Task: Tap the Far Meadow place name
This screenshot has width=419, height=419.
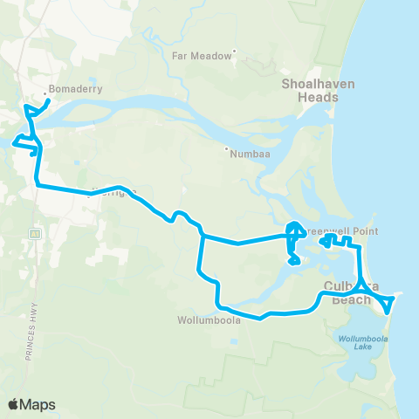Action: coord(202,54)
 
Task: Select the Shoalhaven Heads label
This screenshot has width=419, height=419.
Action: coord(310,90)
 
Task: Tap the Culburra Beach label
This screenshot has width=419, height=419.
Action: coord(353,292)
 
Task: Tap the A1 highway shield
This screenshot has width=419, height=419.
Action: coord(36,234)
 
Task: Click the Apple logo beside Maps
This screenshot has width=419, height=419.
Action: coord(14,404)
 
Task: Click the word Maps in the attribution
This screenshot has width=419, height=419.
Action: coord(38,404)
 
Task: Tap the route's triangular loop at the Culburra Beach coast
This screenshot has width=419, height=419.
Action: coord(388,302)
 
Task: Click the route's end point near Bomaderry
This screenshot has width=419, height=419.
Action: coord(48,100)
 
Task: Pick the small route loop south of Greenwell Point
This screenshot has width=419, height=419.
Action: coord(295,259)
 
